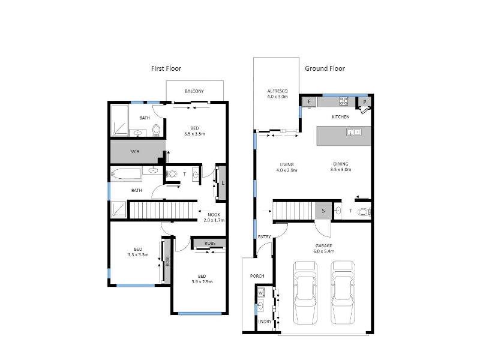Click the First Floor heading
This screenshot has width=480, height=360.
pyautogui.click(x=166, y=68)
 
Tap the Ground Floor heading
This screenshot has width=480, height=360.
pyautogui.click(x=325, y=68)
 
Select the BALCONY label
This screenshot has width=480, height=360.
pyautogui.click(x=194, y=91)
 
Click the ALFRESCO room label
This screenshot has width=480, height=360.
pyautogui.click(x=277, y=91)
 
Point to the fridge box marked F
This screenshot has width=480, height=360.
pyautogui.click(x=310, y=102)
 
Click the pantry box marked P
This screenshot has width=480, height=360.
pyautogui.click(x=365, y=102)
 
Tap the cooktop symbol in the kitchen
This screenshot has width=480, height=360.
pyautogui.click(x=343, y=101)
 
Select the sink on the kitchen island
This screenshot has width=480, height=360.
pyautogui.click(x=354, y=132)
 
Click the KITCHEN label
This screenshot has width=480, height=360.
pyautogui.click(x=341, y=117)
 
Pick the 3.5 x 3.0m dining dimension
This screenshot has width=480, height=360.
pyautogui.click(x=341, y=170)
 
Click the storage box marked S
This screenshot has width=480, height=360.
pyautogui.click(x=323, y=211)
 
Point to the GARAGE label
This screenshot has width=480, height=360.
pyautogui.click(x=324, y=245)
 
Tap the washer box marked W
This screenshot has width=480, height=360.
pyautogui.click(x=260, y=293)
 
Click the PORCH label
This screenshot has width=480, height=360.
pyautogui.click(x=257, y=276)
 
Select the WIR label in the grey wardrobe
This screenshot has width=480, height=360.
pyautogui.click(x=136, y=152)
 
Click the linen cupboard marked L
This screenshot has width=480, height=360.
pyautogui.click(x=223, y=183)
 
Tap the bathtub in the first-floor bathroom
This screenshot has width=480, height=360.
pyautogui.click(x=126, y=174)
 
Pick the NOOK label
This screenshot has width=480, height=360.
pyautogui.click(x=214, y=215)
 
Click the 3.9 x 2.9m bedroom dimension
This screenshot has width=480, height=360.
pyautogui.click(x=202, y=282)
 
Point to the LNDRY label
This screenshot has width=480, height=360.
pyautogui.click(x=265, y=322)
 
